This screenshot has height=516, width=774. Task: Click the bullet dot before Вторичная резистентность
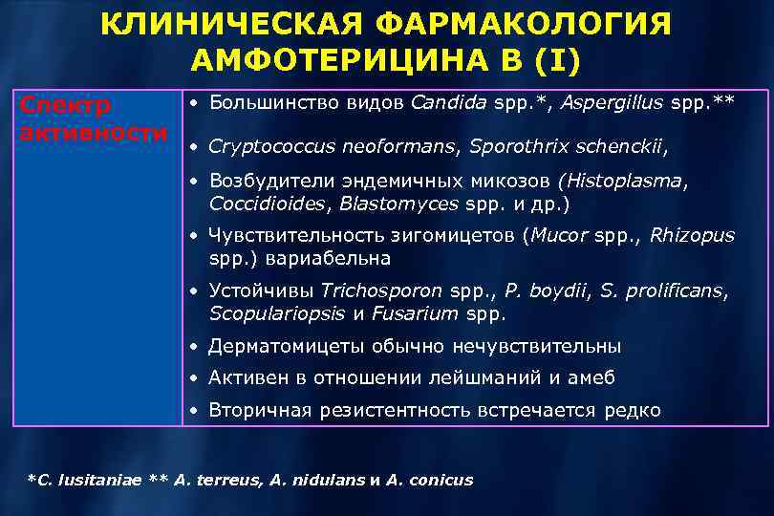pos(194,411)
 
